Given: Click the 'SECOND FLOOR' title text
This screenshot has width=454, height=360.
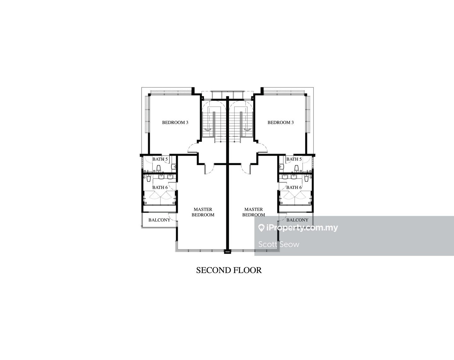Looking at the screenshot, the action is tap(229, 270).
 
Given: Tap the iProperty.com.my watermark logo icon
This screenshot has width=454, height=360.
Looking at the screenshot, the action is tap(261, 228).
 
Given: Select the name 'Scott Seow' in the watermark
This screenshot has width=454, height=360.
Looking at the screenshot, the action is tap(279, 244).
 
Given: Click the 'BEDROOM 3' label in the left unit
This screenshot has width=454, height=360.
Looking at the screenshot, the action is tap(175, 123).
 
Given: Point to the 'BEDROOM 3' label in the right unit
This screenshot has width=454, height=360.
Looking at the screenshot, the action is tap(281, 123).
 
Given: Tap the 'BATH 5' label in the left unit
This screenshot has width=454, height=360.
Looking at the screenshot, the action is tap(160, 159).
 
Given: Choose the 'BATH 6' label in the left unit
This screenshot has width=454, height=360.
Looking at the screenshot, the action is tap(160, 187).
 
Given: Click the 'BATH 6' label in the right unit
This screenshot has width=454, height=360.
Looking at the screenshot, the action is tap(294, 187).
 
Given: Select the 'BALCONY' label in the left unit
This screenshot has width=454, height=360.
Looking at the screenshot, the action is tap(159, 220).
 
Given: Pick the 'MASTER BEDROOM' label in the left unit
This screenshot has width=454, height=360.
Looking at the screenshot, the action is tap(203, 212).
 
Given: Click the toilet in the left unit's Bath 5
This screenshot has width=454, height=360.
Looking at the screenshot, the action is tap(159, 168).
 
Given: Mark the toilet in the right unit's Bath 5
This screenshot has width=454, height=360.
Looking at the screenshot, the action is tap(296, 168).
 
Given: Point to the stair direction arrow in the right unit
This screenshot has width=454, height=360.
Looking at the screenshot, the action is tap(247, 130).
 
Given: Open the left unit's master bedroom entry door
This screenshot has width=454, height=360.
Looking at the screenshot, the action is tap(209, 169).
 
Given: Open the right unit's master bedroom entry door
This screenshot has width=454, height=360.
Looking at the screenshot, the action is tap(245, 169).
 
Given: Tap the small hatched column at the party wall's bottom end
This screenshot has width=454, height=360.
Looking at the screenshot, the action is tap(227, 251).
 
